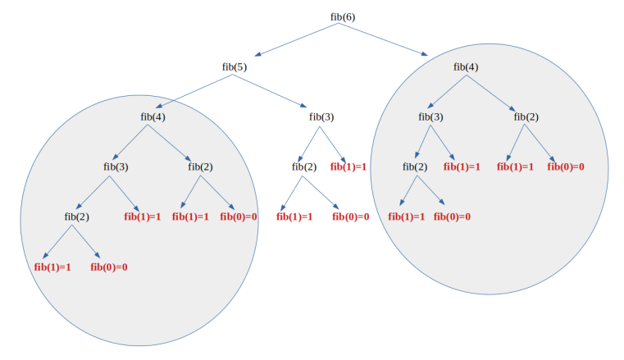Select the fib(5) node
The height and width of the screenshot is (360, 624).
[235, 66]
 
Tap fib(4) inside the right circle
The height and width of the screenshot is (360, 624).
[466, 66]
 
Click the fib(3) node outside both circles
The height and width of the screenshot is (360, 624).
[321, 116]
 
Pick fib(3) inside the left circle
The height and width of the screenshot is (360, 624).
[116, 166]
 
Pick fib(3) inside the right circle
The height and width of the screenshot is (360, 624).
[430, 116]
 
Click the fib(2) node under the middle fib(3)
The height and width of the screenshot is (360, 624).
[304, 166]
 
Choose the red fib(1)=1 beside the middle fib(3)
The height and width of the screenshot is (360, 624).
[348, 166]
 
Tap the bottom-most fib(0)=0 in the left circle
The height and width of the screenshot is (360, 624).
[108, 267]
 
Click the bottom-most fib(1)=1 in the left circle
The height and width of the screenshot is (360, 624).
[52, 267]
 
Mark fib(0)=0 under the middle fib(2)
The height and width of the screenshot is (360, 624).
[350, 216]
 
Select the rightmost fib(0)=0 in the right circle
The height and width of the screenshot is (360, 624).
[566, 166]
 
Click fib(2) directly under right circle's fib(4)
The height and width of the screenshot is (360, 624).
[526, 116]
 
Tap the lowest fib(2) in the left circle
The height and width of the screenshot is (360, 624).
[76, 216]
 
